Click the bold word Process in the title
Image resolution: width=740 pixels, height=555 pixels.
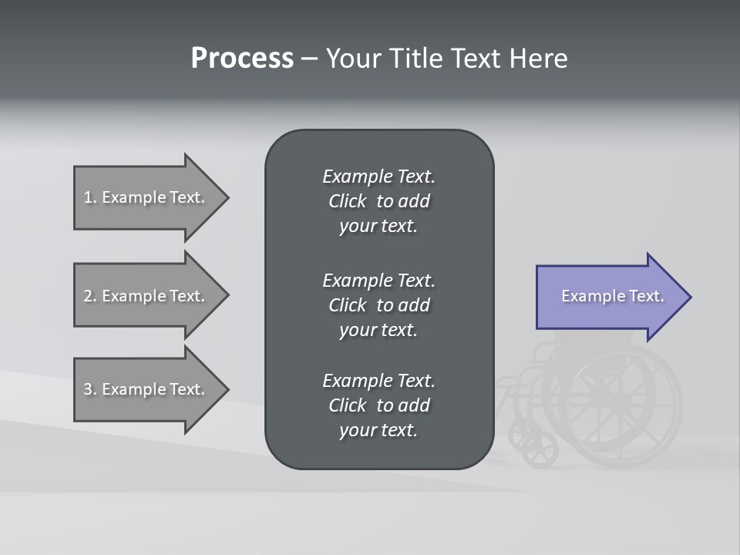point(242,59)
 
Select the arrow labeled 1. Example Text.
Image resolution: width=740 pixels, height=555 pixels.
point(146,197)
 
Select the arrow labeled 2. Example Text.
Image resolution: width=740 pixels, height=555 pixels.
point(146,296)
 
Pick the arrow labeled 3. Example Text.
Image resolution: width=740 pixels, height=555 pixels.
point(146,389)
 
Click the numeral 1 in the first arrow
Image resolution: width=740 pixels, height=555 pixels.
point(87,197)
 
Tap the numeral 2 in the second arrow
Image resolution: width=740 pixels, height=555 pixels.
point(87,296)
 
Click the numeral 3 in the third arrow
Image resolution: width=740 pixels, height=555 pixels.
point(87,389)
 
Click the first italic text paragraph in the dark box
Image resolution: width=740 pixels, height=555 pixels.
point(378,201)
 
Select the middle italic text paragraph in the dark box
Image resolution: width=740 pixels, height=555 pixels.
point(378,304)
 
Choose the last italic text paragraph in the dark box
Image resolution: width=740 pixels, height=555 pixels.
point(378,405)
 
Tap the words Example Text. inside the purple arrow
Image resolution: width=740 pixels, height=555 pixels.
point(612,296)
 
